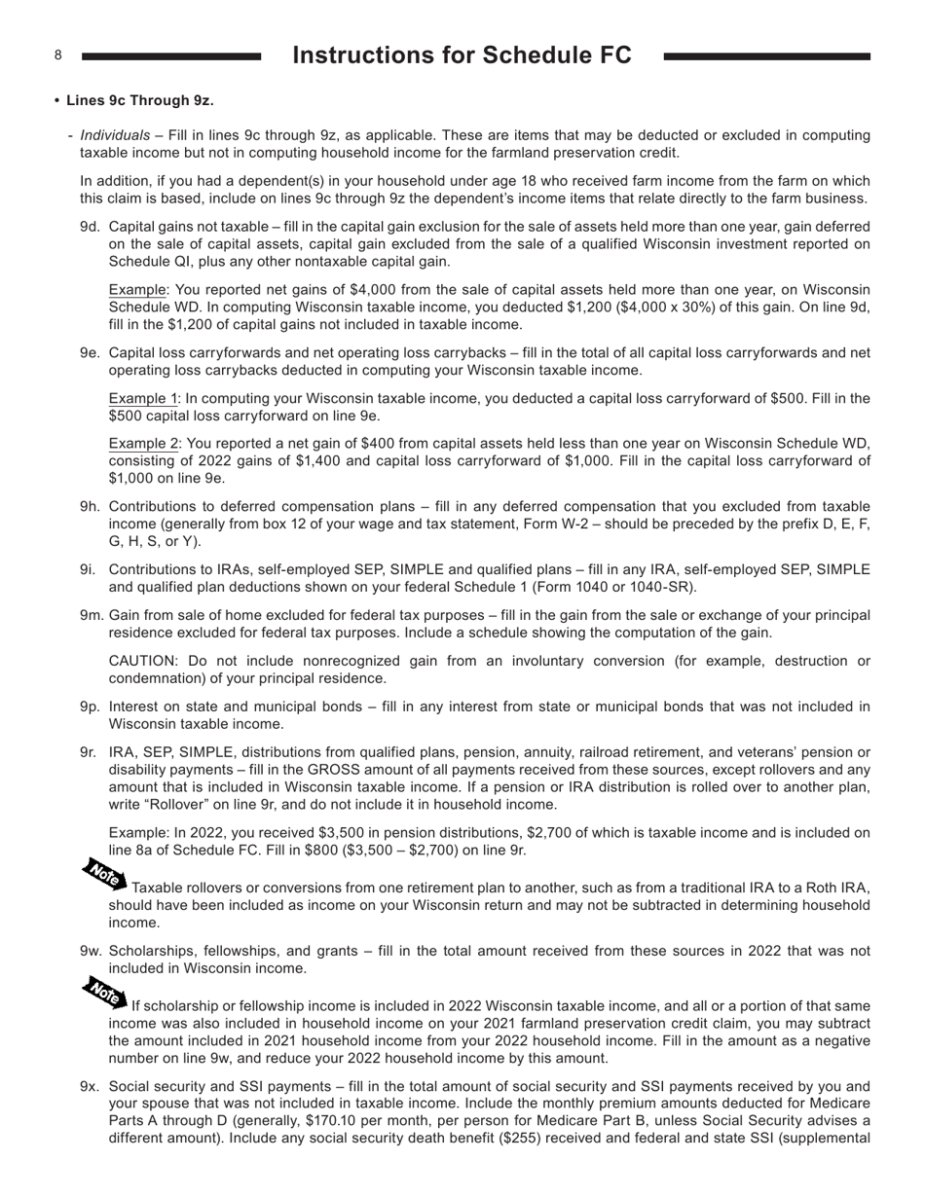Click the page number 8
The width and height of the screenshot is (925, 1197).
click(x=58, y=55)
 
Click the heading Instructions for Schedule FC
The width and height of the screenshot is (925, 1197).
click(x=462, y=55)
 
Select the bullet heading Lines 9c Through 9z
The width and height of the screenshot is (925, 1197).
click(x=139, y=100)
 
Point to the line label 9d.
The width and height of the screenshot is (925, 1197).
click(x=90, y=227)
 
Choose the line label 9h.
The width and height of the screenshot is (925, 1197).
click(x=90, y=507)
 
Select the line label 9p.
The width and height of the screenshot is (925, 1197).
click(x=90, y=707)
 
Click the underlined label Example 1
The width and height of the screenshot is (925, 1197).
click(x=143, y=398)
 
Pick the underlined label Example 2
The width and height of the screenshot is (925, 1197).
click(x=143, y=444)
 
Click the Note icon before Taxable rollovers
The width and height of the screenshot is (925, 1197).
click(x=103, y=874)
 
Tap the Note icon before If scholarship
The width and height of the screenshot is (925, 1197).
click(x=103, y=991)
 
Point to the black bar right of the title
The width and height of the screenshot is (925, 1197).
click(x=766, y=57)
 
